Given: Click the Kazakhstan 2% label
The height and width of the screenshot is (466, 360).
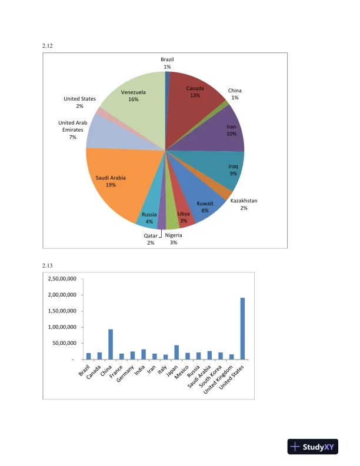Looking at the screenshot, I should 244,204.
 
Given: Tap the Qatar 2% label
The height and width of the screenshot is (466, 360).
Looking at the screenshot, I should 151,239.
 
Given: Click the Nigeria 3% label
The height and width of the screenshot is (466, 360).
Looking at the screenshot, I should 174,239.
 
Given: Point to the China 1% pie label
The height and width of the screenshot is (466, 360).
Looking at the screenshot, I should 235,94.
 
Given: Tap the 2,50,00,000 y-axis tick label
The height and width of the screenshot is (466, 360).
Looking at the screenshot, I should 61,279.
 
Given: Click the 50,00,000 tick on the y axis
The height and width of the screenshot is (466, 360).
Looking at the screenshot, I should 64,343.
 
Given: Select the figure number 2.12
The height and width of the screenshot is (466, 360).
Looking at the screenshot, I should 48,45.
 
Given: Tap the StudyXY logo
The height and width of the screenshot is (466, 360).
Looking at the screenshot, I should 311,447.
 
